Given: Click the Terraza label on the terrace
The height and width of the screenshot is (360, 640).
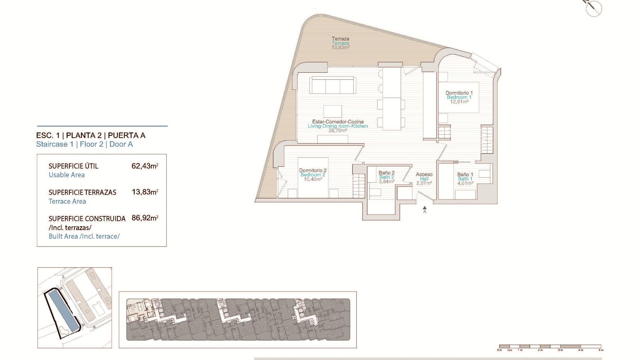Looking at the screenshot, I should (x=340, y=39).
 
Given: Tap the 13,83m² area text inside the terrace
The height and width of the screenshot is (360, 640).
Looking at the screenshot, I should (x=340, y=48).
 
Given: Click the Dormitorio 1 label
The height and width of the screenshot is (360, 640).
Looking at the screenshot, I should (x=459, y=93).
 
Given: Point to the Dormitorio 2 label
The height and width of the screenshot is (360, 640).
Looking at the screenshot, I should (x=313, y=170).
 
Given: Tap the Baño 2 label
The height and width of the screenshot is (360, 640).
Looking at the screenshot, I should (x=386, y=173).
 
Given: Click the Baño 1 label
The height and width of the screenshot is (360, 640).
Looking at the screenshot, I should (x=465, y=174).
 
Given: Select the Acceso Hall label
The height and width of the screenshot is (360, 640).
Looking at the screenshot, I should (x=424, y=177).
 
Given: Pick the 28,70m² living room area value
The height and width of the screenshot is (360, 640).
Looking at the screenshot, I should (x=338, y=131).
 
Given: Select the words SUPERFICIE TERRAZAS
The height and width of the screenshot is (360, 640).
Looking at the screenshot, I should (x=82, y=192).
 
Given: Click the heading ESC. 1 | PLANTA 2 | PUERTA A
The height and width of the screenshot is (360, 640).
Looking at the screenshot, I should (x=91, y=135).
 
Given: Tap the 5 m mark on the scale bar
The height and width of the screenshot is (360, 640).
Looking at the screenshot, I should (x=601, y=350).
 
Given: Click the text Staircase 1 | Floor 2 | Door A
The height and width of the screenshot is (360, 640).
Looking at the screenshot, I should (x=84, y=144).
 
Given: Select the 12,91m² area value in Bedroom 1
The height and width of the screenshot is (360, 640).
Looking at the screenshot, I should (x=459, y=102).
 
